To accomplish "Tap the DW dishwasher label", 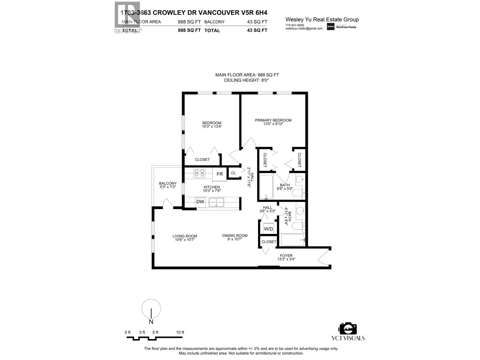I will (200, 202).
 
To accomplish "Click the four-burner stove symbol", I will (199, 173).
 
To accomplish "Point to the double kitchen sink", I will (216, 202).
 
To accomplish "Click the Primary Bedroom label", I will (273, 120).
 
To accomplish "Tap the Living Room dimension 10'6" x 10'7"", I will (184, 240).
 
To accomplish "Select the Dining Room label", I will (235, 235).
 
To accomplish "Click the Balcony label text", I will (168, 183).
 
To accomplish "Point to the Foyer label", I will (286, 256).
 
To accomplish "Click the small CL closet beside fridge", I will (233, 173).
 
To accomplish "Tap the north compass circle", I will (151, 309).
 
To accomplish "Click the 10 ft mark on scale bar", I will (180, 332).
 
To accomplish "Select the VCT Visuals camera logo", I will (348, 329).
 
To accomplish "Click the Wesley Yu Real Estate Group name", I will (322, 20).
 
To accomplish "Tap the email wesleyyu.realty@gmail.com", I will (304, 28).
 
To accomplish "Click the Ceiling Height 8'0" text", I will (247, 80).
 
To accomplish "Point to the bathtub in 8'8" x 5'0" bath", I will (266, 187).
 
